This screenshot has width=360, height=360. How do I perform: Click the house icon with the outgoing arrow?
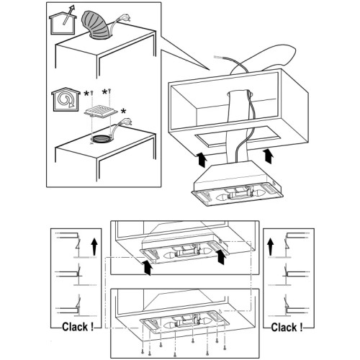coord(63,23)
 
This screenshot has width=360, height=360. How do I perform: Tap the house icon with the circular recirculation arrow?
coord(66,100)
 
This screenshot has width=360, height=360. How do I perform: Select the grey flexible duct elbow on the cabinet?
coord(96,25)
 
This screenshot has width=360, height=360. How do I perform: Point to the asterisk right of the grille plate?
coord(123,112)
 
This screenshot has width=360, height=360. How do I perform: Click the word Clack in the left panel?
coord(75,327)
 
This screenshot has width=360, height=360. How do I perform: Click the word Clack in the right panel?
coord(284,328)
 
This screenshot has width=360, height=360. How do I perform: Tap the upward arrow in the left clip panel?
coord(94,246)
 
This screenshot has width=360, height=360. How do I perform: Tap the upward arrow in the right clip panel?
coord(271,246)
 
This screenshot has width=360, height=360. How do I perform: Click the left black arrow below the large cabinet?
coord(202,159)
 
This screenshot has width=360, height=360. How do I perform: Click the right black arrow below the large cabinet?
coord(269,156)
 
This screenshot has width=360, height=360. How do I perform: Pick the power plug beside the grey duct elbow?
coord(125,19)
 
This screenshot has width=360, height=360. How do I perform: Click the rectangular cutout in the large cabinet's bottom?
coord(238,136)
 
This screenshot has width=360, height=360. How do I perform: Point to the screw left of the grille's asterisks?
coord(91,93)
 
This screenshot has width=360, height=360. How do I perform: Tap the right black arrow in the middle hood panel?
coord(221,256)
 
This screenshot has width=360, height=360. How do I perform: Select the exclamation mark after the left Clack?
coord(92,327)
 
